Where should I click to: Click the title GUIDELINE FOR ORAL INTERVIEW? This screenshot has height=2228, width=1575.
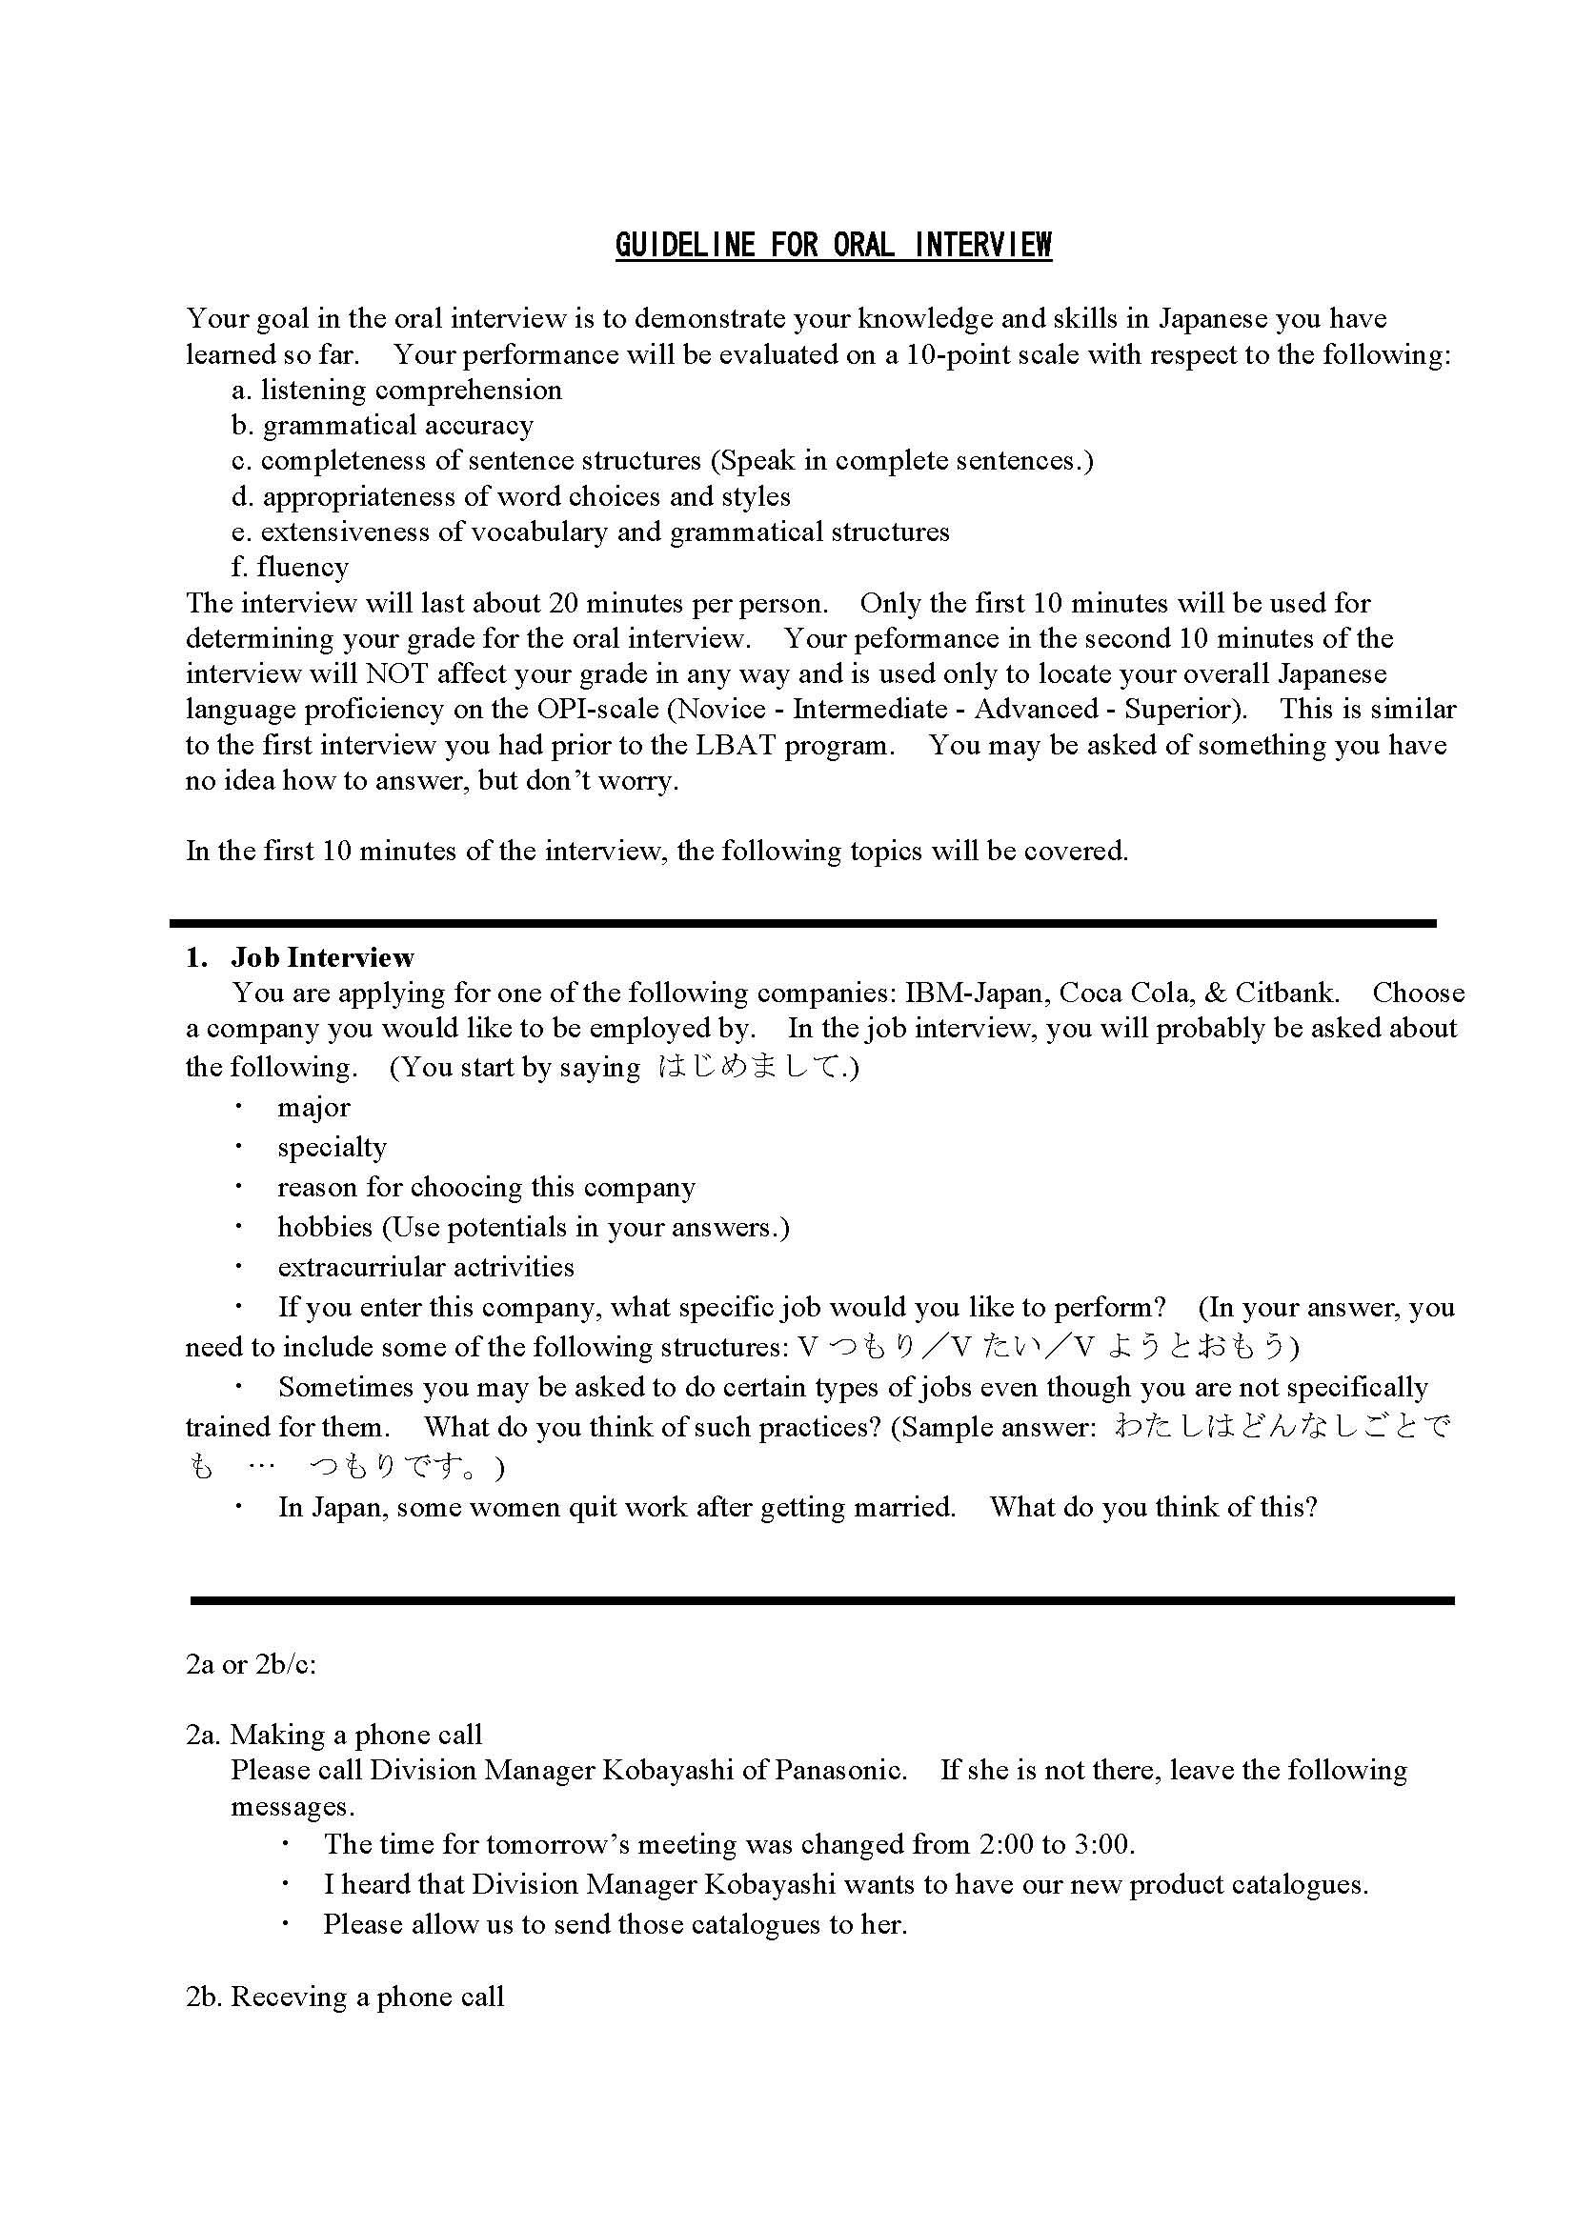833,245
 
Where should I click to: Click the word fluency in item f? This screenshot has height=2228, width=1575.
303,567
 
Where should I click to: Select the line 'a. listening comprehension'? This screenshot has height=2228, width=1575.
397,391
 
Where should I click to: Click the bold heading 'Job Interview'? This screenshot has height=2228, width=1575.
322,957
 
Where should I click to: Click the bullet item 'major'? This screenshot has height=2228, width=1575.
313,1107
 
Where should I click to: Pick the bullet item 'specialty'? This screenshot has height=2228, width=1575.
332,1147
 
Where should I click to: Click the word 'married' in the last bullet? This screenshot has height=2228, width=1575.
905,1507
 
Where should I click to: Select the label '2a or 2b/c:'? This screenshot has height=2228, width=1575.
252,1664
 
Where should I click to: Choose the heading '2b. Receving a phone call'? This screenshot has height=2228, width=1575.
345,1997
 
